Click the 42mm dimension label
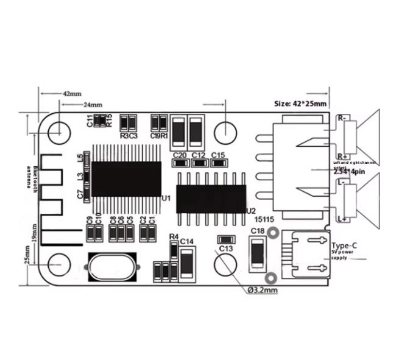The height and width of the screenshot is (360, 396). pos(72,94)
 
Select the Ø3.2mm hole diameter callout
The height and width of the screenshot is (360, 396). pos(263,290)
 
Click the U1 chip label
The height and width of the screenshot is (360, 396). pos(166,199)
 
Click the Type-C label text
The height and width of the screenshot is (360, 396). pos(345,244)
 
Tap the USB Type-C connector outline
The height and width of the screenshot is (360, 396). pos(309,255)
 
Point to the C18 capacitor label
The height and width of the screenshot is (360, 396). pos(257,231)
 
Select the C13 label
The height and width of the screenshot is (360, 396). pos(225,249)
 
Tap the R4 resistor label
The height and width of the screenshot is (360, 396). pos(174,236)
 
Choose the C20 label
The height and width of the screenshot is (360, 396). pos(180,155)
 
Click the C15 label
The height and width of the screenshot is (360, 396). pos(219,155)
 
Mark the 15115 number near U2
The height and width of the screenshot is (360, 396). pos(264,217)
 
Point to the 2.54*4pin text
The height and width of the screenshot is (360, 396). pos(350,172)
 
